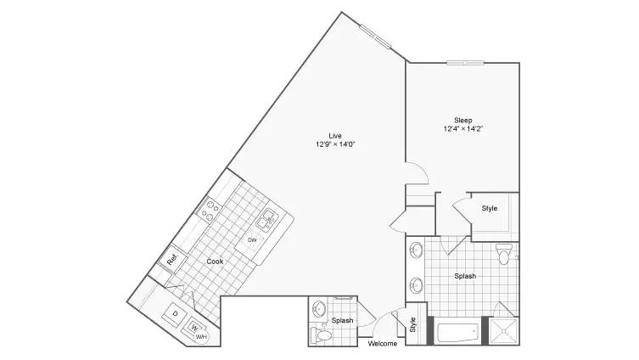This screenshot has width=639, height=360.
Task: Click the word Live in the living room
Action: pos(335,136)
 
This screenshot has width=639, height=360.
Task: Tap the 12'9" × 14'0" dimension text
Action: pos(335,144)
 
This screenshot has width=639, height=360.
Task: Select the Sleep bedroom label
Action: pos(463,121)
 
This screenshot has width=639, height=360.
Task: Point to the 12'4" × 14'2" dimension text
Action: pos(463,129)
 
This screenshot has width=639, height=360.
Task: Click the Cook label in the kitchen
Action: pos(215,262)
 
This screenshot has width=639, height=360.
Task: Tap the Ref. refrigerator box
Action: pos(171,259)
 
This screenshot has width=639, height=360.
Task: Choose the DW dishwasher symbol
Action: pos(252,240)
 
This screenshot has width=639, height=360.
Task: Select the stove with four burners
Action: pos(209,210)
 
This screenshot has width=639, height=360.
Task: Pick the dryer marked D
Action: pos(175,314)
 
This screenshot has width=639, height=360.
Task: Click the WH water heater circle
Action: pos(201,337)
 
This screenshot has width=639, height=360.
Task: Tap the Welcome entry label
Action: pos(382,344)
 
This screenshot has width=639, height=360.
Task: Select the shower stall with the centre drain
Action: pos(504,331)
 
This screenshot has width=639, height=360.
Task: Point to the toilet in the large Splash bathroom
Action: pos(504,254)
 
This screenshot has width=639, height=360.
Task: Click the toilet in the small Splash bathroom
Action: pos(321,335)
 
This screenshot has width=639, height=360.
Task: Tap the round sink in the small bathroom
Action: pos(318,309)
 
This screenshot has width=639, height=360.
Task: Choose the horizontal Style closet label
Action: pos(490,208)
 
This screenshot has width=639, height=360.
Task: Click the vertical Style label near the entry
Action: pos(412,324)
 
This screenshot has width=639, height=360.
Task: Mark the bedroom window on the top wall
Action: pos(465,62)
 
